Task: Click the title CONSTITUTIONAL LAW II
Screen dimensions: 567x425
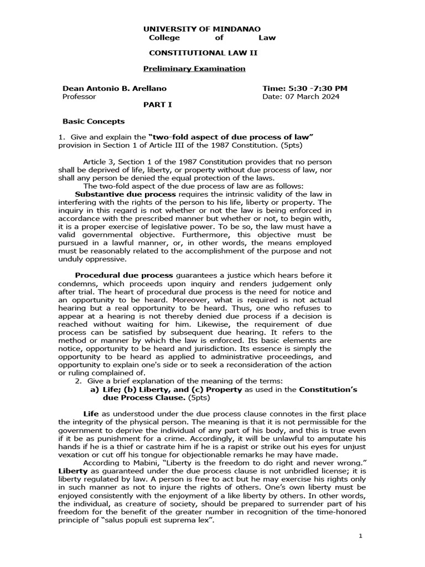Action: click(x=196, y=53)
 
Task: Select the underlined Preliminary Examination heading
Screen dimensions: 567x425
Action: click(x=194, y=69)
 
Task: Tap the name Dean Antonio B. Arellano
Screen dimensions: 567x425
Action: click(x=114, y=89)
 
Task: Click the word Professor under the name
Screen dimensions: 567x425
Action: click(x=79, y=97)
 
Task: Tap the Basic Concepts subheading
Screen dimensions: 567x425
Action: click(x=94, y=121)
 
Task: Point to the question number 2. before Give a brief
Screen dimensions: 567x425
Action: click(x=79, y=382)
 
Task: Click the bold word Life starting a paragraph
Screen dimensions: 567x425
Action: click(x=91, y=414)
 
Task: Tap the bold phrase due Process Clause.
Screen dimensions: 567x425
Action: click(x=139, y=398)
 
